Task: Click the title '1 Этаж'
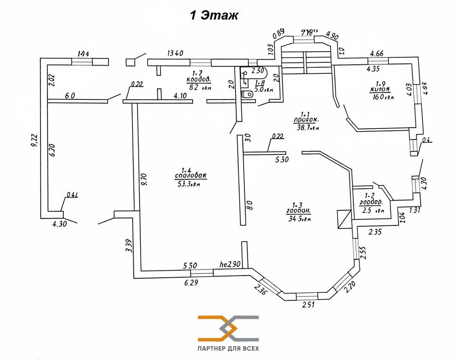(214, 15)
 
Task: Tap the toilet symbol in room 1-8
(248, 94)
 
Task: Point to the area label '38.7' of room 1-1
(308, 128)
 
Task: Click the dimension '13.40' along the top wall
(175, 53)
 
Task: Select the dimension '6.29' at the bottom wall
(191, 283)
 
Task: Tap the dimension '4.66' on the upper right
(376, 53)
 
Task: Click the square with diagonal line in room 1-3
(344, 219)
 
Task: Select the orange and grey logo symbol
(228, 328)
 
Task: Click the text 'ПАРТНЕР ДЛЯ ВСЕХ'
(228, 349)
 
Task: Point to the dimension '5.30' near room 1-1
(282, 160)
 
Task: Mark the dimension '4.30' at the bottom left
(59, 224)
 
